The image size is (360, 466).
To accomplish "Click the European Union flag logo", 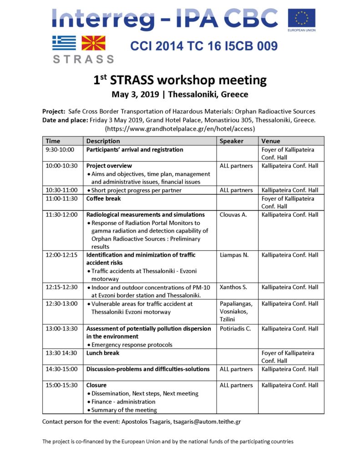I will (301, 19).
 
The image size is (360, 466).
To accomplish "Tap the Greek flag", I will (64, 43).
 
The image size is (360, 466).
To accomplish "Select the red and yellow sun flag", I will (93, 43).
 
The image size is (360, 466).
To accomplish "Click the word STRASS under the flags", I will (83, 59).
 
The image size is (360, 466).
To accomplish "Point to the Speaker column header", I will (232, 141).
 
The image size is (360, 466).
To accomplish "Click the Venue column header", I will (271, 141).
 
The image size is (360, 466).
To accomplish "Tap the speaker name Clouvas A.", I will (233, 215).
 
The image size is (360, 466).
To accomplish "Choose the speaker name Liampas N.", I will (234, 255).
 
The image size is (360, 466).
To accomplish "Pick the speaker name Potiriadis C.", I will (235, 329).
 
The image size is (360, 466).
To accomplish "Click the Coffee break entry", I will (105, 199).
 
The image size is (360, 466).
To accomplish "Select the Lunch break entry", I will (103, 353).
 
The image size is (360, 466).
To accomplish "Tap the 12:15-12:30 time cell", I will (62, 288).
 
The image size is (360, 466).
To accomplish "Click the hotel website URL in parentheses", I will (180, 129).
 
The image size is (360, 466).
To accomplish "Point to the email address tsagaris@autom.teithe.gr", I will (206, 422).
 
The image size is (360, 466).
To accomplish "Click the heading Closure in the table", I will (96, 385).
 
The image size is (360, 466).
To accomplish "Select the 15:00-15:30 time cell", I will (62, 385).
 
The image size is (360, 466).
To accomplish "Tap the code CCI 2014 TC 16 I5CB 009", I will (203, 46).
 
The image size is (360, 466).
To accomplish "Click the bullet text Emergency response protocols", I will (127, 345).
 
